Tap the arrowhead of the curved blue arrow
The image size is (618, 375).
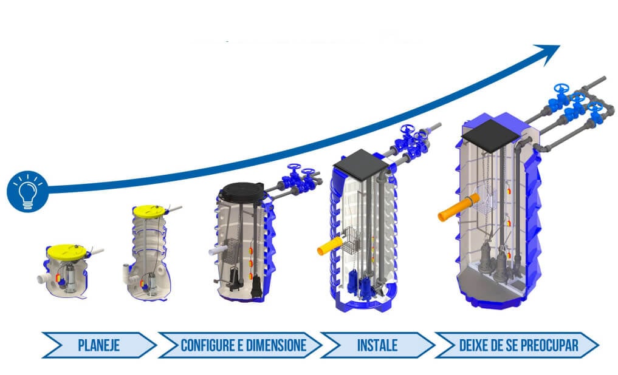pyautogui.click(x=551, y=52)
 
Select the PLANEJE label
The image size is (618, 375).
pyautogui.click(x=99, y=346)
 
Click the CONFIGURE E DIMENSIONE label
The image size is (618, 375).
pyautogui.click(x=242, y=346)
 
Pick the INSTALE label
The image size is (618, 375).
pyautogui.click(x=377, y=346)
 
